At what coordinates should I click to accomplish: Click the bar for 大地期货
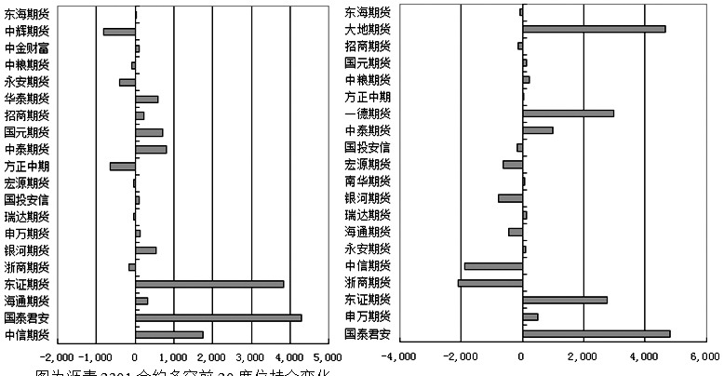tap(594, 29)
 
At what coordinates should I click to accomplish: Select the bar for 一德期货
tap(568, 114)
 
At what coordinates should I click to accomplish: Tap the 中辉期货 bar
tap(119, 32)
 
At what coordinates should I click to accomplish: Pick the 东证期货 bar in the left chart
tap(209, 284)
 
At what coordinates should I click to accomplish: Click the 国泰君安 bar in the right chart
tap(596, 333)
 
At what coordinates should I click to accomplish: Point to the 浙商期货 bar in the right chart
tap(490, 283)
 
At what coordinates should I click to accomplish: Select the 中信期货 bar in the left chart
tap(169, 334)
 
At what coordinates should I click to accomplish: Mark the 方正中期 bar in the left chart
tap(123, 166)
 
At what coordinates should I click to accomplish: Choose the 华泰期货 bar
tap(147, 99)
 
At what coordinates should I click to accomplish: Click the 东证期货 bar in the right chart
tap(565, 300)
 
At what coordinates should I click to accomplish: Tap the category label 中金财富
tap(27, 48)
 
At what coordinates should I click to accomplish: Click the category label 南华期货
tap(367, 181)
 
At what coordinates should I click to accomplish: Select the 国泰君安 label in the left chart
tap(27, 317)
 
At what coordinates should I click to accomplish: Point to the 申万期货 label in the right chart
tap(367, 316)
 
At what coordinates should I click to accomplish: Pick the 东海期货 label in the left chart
tap(27, 15)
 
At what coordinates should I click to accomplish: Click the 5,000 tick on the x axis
tap(328, 357)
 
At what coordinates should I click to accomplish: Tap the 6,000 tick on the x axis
tap(704, 357)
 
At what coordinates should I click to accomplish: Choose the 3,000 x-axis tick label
tap(250, 357)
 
